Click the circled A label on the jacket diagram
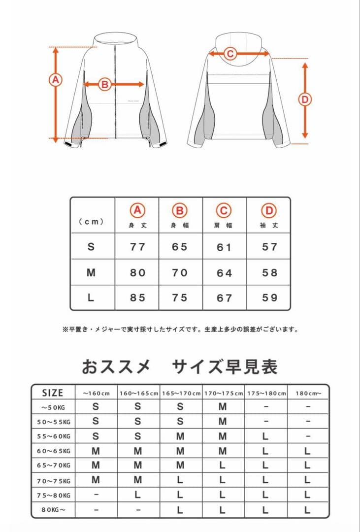pos(56,80)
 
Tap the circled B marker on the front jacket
pos(104,84)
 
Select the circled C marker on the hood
pos(230,54)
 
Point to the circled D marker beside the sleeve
pos(305,100)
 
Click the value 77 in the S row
pos(137,247)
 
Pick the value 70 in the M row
pos(180,272)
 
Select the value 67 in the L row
pos(224,298)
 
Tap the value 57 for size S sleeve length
pos(269,247)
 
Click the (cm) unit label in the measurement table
pos(91,222)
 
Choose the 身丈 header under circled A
pos(137,226)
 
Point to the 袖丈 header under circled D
pos(269,226)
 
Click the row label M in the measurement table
pos(91,272)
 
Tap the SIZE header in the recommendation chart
pos(53,393)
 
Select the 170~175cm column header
pos(223,393)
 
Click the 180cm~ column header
pos(308,393)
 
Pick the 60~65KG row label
pos(54,451)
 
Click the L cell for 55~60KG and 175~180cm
pos(265,436)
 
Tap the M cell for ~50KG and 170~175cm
pos(223,407)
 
